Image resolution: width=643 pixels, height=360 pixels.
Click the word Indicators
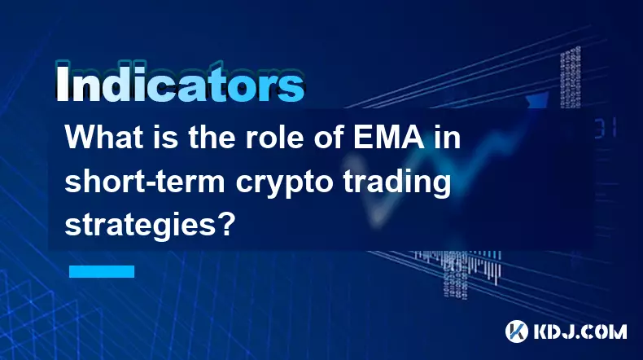point(180,83)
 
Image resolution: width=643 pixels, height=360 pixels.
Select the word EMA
point(389,137)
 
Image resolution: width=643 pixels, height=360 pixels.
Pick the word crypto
point(284,184)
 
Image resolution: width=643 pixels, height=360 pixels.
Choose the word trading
point(397,183)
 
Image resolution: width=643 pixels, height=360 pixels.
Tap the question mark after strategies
point(226,224)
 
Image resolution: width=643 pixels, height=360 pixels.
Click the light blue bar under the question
point(102,271)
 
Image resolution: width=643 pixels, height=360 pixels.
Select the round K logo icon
point(516,331)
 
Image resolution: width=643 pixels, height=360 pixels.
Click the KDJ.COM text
point(580,331)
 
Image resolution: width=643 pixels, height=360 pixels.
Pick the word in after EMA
point(448,137)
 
